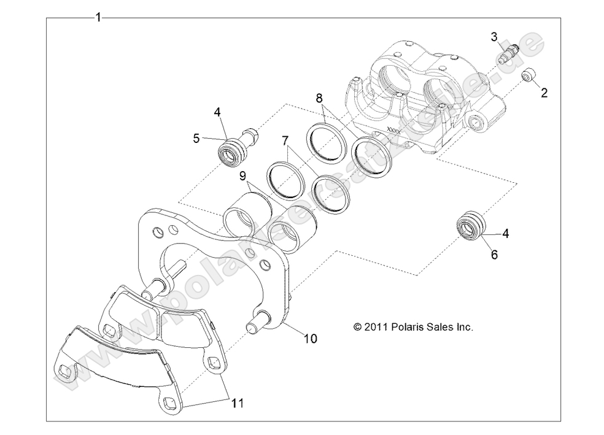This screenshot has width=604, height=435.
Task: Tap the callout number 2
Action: [544, 93]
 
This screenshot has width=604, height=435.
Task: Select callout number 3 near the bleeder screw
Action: [494, 36]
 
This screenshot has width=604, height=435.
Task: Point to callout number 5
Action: [196, 138]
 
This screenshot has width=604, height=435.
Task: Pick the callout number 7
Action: [284, 141]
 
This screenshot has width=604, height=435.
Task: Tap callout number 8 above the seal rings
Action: [319, 98]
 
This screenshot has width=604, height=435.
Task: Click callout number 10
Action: [310, 338]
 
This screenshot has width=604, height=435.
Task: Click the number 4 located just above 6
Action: [506, 233]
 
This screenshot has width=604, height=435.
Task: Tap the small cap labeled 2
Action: [529, 75]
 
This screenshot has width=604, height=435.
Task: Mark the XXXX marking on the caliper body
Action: [393, 130]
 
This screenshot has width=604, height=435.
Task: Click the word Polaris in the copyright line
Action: [406, 328]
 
